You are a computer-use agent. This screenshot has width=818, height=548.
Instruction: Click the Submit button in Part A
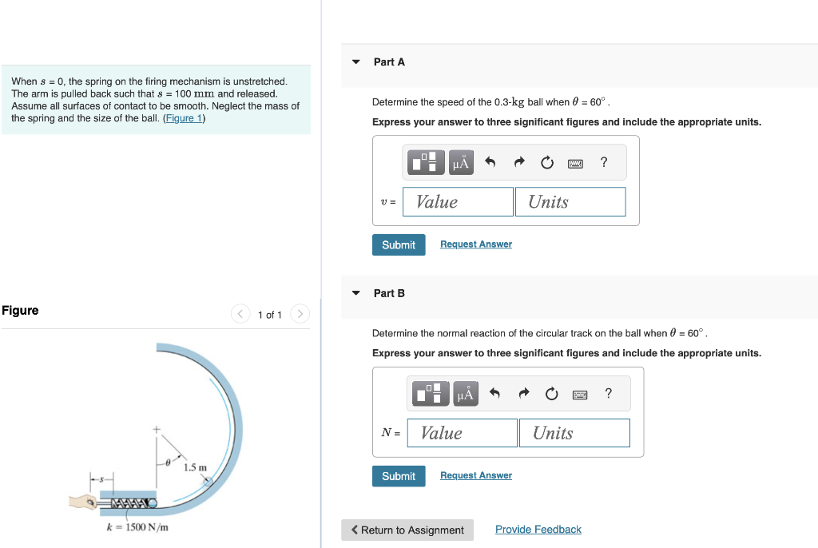click(398, 244)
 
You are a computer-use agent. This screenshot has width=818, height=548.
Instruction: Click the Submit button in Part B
click(398, 476)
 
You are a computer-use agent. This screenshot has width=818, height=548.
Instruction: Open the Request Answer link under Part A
click(475, 244)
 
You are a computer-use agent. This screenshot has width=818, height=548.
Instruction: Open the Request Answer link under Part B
click(475, 476)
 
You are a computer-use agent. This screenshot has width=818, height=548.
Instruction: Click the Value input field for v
click(458, 202)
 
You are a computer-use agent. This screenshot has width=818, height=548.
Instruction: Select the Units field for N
click(574, 433)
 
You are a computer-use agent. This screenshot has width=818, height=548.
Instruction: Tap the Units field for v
click(570, 202)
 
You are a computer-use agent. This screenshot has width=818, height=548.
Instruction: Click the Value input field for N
click(462, 433)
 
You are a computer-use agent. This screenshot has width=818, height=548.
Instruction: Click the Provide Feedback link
click(538, 530)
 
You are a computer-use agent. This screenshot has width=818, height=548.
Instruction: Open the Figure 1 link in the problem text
click(184, 118)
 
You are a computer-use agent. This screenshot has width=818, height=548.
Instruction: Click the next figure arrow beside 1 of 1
click(300, 314)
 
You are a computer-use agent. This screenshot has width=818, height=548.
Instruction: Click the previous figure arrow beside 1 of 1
click(240, 314)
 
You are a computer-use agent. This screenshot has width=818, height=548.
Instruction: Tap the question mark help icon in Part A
click(604, 162)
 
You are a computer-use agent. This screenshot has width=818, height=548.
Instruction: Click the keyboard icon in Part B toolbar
click(580, 394)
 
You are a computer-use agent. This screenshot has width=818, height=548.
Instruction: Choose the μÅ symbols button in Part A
click(461, 163)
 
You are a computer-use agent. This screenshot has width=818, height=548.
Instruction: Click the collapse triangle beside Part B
click(356, 293)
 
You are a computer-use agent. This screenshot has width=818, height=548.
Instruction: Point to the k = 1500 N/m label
click(137, 527)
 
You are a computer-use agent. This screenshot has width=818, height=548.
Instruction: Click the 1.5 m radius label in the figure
click(195, 467)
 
